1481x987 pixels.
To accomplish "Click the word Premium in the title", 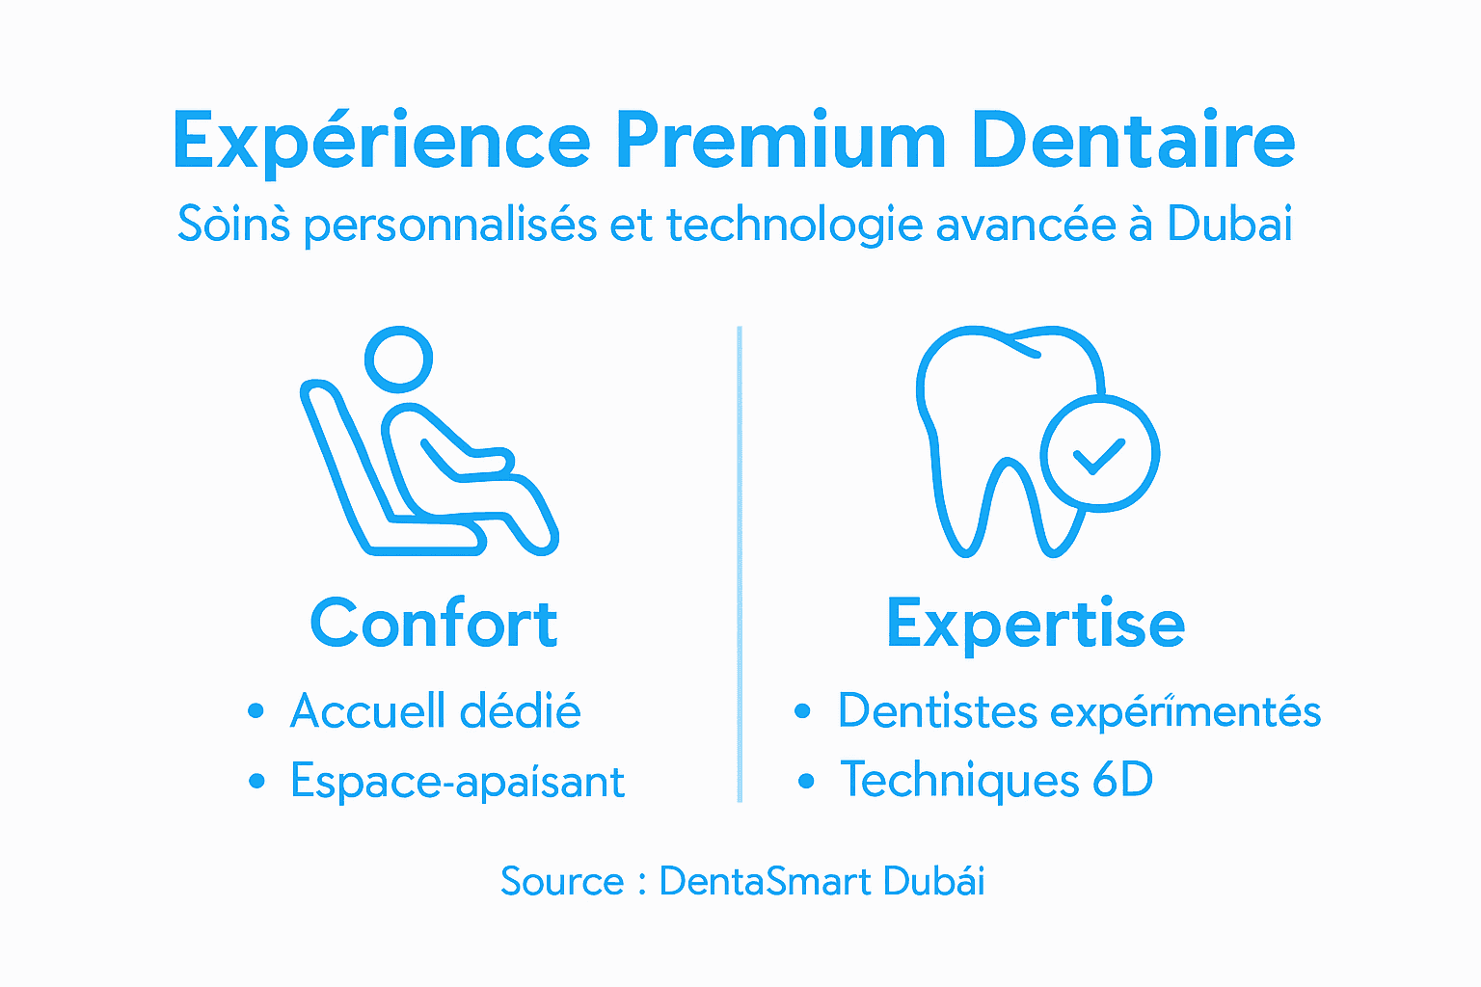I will (781, 141).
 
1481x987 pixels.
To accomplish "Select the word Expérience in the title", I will (381, 143).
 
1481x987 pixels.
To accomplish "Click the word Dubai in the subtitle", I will (1229, 224).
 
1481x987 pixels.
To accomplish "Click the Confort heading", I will (434, 624).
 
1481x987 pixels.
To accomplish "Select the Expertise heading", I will (1036, 625).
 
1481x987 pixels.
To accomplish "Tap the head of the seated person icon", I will (398, 360).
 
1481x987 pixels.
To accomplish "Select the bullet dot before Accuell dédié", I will (256, 711).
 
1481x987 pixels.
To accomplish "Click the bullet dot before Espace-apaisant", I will (256, 781).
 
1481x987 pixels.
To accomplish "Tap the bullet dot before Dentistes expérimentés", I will (802, 711).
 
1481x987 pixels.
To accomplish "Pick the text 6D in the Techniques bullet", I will (1122, 780).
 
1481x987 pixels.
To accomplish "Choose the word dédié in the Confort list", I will (520, 711).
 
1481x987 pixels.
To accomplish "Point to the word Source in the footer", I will (562, 881).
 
